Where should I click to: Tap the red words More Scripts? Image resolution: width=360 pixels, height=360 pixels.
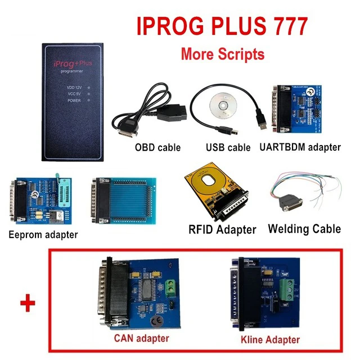222,54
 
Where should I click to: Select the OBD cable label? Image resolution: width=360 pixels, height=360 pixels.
157,148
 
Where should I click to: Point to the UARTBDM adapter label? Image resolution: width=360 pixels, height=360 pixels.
300,147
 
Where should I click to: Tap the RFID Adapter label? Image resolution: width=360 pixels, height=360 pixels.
221,229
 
